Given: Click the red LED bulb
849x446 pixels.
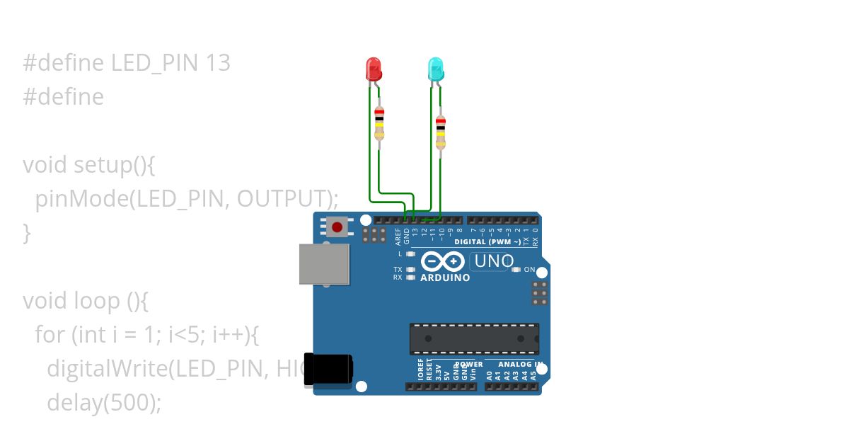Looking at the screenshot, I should pyautogui.click(x=373, y=69).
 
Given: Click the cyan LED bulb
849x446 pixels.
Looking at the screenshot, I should pyautogui.click(x=435, y=69).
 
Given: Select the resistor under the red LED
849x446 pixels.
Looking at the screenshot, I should pyautogui.click(x=379, y=124).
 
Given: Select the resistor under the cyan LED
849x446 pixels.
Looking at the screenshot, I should pyautogui.click(x=441, y=132).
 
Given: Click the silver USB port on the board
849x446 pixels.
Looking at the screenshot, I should pyautogui.click(x=325, y=265).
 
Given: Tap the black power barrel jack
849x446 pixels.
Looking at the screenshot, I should pyautogui.click(x=328, y=370).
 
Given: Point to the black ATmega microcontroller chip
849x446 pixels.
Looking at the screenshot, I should pyautogui.click(x=474, y=338).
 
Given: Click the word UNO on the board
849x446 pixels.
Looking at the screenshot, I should pyautogui.click(x=493, y=261).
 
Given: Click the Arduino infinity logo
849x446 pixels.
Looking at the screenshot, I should pyautogui.click(x=443, y=262).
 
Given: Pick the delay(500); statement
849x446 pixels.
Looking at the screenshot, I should pyautogui.click(x=104, y=403).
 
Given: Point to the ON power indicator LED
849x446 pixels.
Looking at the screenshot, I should pyautogui.click(x=516, y=270).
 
